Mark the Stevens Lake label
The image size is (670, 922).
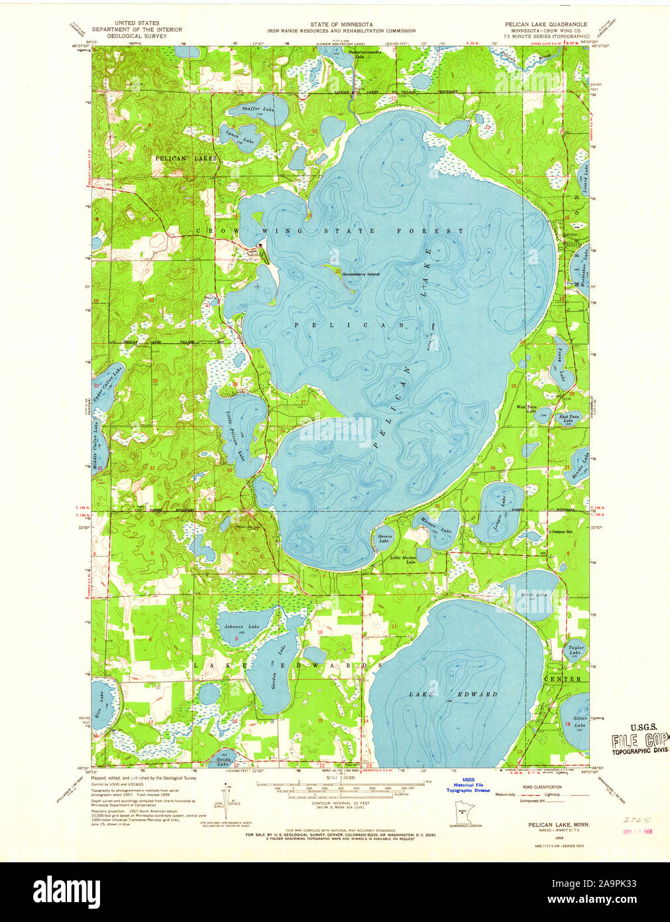point(384,537)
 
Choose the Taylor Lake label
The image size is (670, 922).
point(574,649)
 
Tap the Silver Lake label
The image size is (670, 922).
point(579,722)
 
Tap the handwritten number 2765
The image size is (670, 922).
point(636,820)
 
